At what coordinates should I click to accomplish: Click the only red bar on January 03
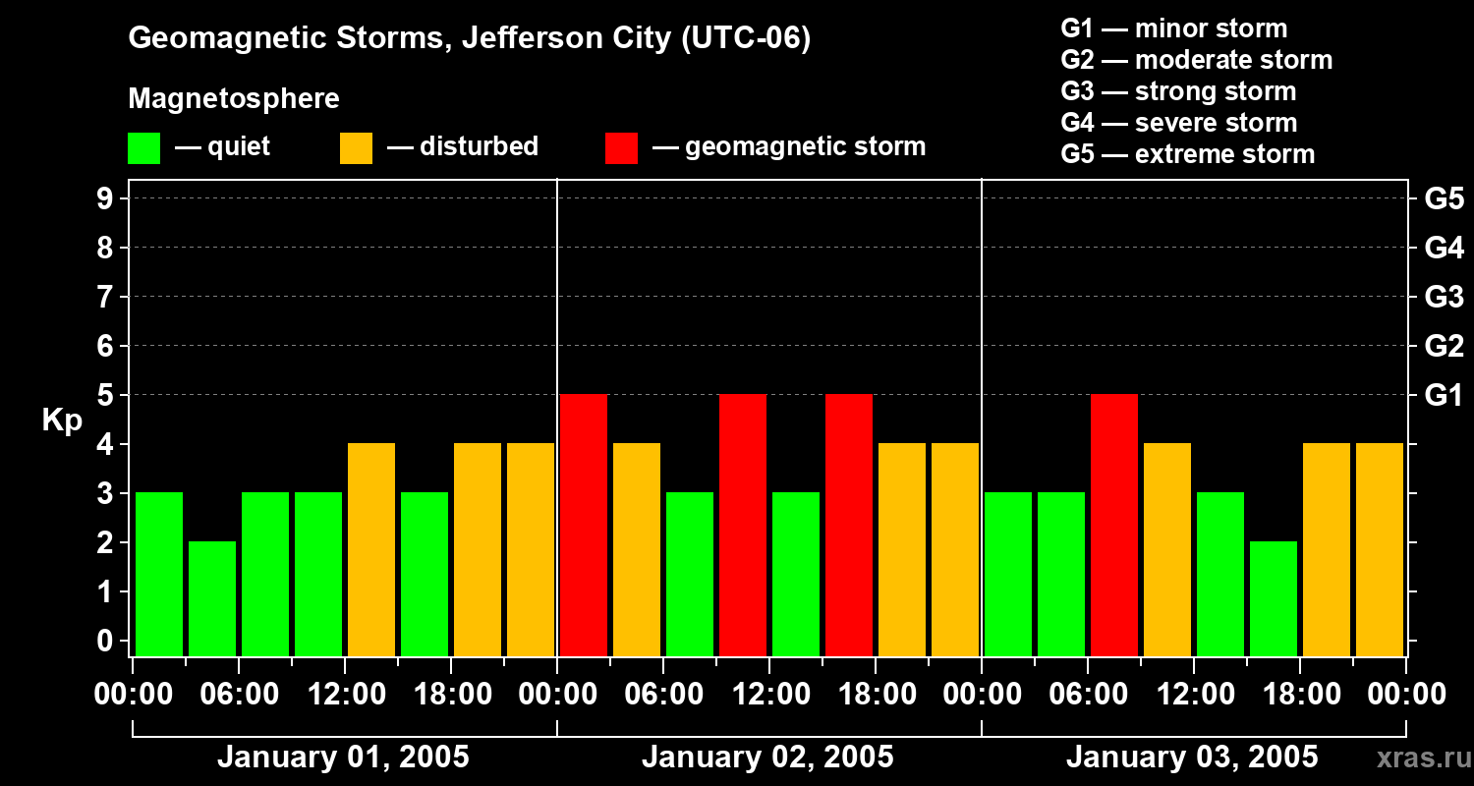(1114, 525)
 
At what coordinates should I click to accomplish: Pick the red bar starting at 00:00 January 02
(584, 525)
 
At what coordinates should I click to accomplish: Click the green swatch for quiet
(143, 147)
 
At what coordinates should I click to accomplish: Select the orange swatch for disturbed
(356, 147)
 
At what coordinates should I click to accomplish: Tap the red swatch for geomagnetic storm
(621, 147)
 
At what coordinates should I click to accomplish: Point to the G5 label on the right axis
(1444, 199)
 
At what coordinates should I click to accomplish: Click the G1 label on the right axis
(1444, 396)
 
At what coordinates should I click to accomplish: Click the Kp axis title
(62, 421)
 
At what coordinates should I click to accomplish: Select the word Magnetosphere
(234, 99)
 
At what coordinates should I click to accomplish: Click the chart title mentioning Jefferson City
(470, 39)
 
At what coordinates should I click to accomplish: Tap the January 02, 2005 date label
(767, 758)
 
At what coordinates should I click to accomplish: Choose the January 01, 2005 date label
(343, 758)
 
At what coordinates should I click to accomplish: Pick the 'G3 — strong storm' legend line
(1178, 91)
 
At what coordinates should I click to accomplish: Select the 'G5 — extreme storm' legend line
(1187, 154)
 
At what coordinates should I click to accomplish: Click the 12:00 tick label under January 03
(1194, 695)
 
